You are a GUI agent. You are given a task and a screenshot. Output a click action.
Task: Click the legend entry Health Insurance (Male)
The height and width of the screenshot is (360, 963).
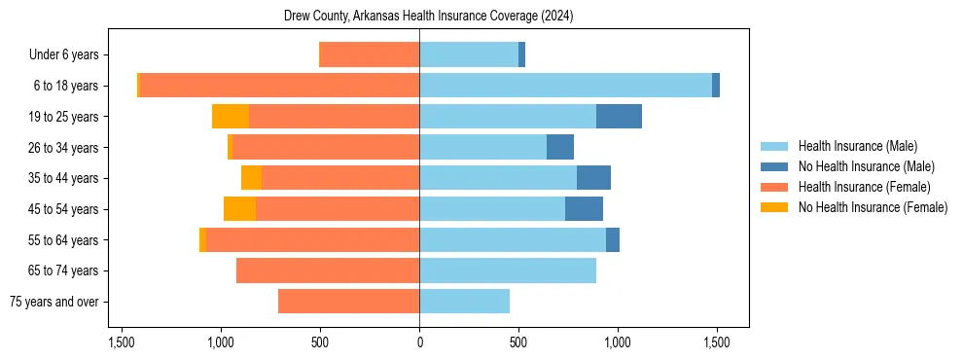point(857,146)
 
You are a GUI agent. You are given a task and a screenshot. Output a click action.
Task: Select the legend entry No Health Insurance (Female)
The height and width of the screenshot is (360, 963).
point(873,207)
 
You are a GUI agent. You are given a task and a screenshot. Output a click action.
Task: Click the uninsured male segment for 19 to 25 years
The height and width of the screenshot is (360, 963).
point(619,117)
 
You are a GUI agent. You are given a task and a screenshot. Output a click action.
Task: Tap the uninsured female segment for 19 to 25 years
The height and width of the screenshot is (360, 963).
point(231,117)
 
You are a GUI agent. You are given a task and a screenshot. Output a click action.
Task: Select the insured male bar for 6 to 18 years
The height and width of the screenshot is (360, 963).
point(565,86)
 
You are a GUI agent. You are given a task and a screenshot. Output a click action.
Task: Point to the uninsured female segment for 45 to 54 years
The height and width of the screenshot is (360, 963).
point(239,209)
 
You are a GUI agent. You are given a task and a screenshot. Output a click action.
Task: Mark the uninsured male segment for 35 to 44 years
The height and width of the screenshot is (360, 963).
point(593,178)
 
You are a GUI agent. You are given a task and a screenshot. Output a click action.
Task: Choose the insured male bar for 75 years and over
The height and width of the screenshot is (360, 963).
point(464,302)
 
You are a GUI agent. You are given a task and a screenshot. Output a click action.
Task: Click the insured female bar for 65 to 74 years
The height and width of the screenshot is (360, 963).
point(328,270)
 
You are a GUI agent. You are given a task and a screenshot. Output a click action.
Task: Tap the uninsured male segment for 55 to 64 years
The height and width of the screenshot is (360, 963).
point(613,240)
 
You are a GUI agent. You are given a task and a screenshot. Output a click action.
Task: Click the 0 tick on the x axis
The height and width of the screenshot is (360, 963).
point(419,342)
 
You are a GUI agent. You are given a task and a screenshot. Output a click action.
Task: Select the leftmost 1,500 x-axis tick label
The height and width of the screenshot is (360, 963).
point(122,342)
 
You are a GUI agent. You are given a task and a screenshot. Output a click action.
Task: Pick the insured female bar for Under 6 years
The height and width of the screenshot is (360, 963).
point(370,54)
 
